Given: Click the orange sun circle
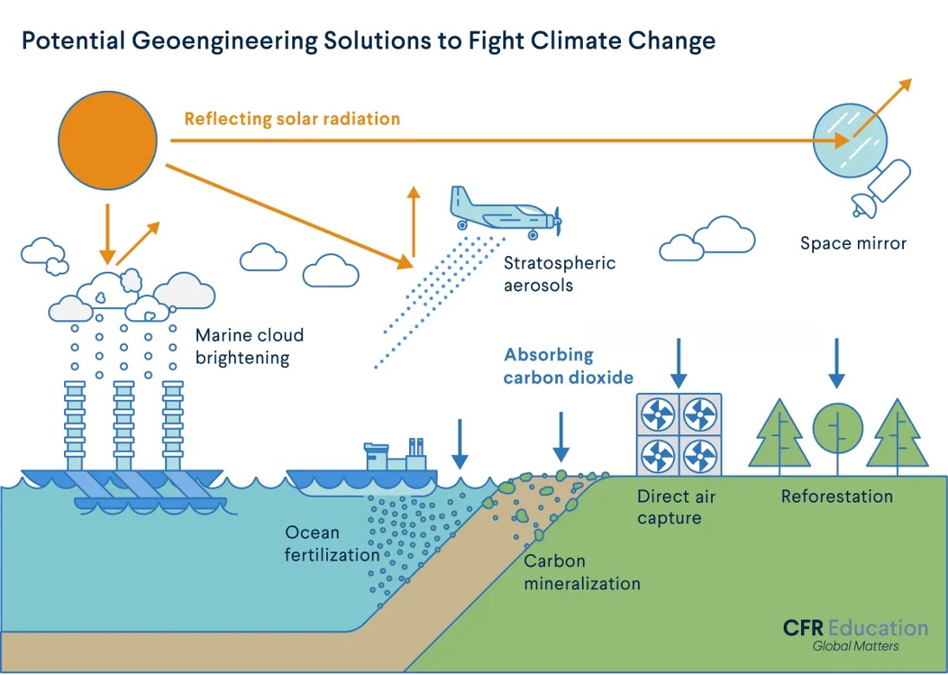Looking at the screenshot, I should (x=107, y=140).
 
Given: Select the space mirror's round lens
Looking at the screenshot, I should (x=850, y=139).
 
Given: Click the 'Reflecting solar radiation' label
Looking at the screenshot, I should (x=291, y=118).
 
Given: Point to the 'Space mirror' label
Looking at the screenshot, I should (x=853, y=243).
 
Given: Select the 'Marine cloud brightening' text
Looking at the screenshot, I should (x=249, y=346).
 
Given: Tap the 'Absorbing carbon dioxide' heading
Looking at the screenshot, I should (x=568, y=365).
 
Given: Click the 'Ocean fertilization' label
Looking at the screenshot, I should (x=332, y=543).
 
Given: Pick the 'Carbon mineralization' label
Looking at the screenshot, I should (x=582, y=572).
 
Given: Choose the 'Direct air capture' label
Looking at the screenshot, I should (x=676, y=507).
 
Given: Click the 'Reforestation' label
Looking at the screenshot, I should (x=836, y=497).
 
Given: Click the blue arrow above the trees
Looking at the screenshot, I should (x=836, y=363).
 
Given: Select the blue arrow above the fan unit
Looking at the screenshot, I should (x=679, y=363).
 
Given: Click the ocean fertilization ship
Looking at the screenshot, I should (x=363, y=472).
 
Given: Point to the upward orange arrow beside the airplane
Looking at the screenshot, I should (x=413, y=221).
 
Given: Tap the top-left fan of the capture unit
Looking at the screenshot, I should (x=658, y=415).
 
